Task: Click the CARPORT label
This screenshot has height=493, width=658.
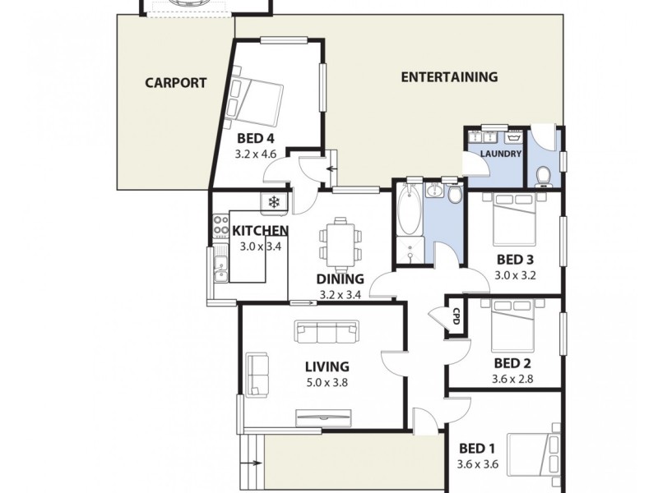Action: [175, 82]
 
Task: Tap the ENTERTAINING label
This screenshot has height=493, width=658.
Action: [449, 77]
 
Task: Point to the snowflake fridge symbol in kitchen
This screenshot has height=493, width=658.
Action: [274, 202]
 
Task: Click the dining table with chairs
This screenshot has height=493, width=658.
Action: [339, 242]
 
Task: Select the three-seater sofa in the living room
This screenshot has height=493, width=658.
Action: [327, 333]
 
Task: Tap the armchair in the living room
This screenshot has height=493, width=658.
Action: [257, 375]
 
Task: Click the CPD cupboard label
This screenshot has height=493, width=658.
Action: [455, 316]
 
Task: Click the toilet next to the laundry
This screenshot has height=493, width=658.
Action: [543, 174]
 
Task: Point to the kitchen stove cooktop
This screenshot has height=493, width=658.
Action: [220, 227]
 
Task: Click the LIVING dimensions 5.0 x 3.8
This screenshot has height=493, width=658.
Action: [327, 382]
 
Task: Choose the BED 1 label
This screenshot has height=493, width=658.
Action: [477, 448]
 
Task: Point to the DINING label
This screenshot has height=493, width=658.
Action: [339, 279]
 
